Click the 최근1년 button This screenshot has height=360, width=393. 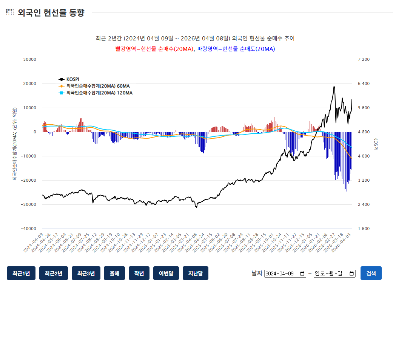(x=21, y=273)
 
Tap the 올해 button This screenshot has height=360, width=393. (x=114, y=273)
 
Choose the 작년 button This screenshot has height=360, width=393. (x=139, y=273)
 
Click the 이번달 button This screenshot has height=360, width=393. (x=166, y=273)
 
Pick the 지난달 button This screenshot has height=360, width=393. (x=195, y=273)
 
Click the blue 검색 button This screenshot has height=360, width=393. (x=371, y=273)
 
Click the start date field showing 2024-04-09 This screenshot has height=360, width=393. (x=285, y=273)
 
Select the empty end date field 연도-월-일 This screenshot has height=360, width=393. (x=334, y=273)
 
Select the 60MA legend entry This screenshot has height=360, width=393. (x=97, y=86)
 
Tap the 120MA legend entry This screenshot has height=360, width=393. (x=99, y=93)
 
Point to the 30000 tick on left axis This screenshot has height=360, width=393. (x=29, y=59)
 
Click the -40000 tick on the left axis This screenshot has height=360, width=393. (x=28, y=229)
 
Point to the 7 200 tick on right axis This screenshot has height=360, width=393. (x=364, y=59)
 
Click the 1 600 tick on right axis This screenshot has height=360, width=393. (x=364, y=229)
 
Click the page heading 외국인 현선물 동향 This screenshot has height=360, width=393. (x=51, y=12)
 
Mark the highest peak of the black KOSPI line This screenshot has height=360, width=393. (x=334, y=87)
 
